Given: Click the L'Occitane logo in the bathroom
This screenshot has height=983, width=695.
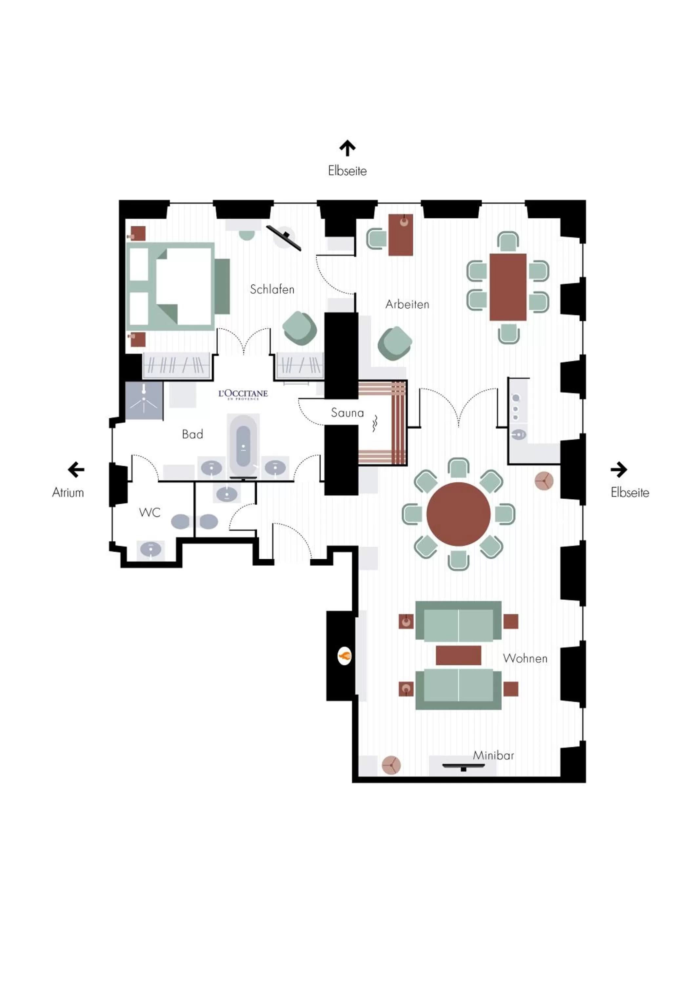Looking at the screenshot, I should [243, 394].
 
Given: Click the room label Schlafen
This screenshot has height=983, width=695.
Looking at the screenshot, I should [272, 289].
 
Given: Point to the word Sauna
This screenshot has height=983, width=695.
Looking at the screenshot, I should [347, 413].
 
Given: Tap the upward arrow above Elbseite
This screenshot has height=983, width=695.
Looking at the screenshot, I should [347, 148].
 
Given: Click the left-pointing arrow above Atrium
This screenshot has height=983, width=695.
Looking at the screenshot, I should [76, 469].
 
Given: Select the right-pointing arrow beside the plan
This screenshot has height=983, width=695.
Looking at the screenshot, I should [618, 469].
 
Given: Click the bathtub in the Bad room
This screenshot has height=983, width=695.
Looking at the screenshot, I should [243, 445].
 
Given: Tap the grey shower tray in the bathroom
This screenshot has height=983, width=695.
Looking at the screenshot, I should [144, 401].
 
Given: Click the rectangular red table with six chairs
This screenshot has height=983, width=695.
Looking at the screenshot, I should [507, 287].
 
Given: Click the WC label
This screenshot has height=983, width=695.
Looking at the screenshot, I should [149, 512].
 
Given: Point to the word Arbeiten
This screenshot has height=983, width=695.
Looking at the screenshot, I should [407, 304].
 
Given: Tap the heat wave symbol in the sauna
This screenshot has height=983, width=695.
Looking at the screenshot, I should [375, 423].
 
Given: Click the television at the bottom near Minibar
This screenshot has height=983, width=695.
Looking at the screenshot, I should [463, 766].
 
